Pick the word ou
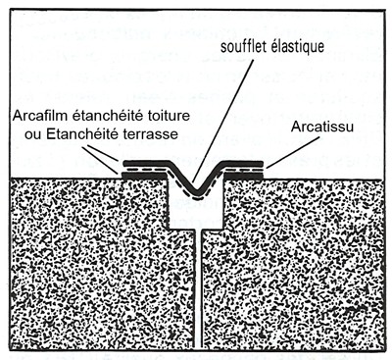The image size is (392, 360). point(24,136)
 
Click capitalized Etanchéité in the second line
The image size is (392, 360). point(74,136)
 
